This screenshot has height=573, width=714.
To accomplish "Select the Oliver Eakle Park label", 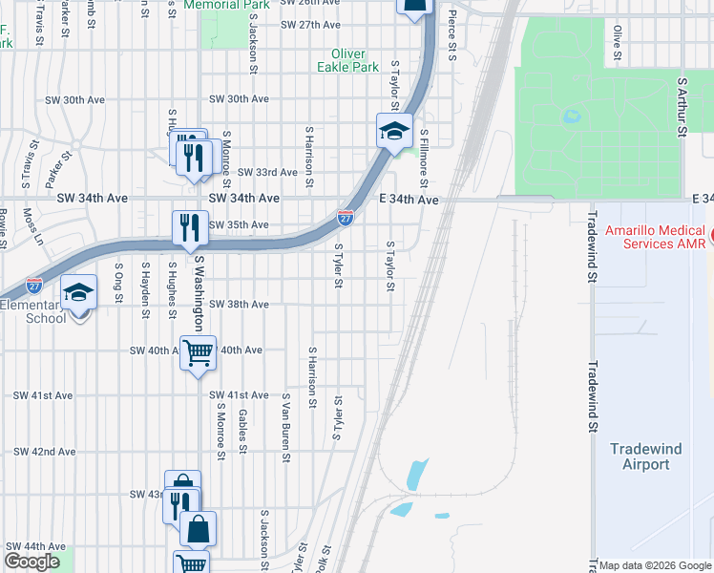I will pos(353,60).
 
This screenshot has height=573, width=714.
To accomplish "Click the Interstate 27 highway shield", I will pos(346,219).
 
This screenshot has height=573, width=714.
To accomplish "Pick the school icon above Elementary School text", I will pos(78,291).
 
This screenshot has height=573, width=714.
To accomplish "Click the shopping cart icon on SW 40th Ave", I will pos(198,352).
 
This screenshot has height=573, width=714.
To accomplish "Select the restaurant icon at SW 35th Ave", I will pos(188,227).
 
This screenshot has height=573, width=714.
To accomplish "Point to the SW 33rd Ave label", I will pos(267,172).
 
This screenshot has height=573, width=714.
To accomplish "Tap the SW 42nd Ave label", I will pos(44,452).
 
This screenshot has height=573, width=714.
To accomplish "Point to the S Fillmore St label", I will pos(424,159).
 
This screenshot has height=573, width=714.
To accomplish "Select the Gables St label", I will pos(243,431).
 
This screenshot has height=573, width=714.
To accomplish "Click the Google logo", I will pos(31,562).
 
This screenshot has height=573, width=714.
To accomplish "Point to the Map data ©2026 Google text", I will pos(654,565).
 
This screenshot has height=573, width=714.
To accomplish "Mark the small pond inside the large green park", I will pos(572,117).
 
